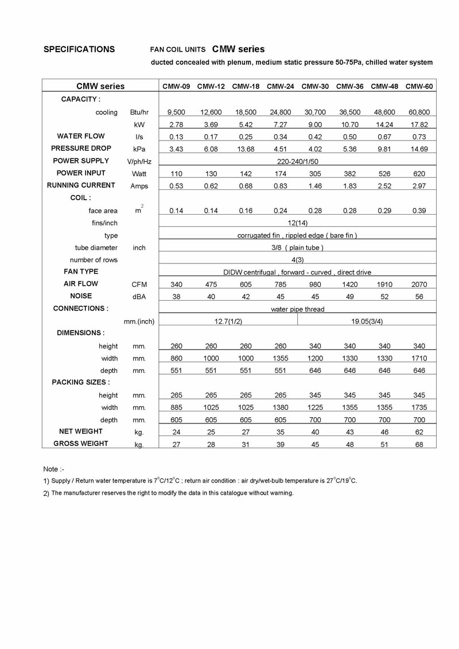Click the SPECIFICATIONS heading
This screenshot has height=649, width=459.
click(79, 49)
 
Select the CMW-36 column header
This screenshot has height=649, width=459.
click(349, 87)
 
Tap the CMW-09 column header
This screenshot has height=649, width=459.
click(176, 87)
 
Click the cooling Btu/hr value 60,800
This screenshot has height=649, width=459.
click(419, 112)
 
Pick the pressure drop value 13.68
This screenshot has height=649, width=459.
click(245, 149)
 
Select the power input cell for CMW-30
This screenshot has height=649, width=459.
click(314, 173)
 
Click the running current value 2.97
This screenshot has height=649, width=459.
click(419, 185)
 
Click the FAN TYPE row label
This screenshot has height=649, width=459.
click(81, 271)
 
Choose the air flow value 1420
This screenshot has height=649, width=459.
click(349, 284)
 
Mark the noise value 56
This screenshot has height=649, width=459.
click(419, 297)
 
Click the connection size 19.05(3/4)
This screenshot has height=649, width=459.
click(367, 321)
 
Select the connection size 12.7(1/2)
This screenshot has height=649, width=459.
click(228, 321)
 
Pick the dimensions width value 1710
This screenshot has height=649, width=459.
click(419, 359)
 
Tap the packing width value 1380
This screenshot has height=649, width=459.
click(280, 407)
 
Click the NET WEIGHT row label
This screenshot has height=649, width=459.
click(81, 432)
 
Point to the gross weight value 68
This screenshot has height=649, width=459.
click(419, 444)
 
